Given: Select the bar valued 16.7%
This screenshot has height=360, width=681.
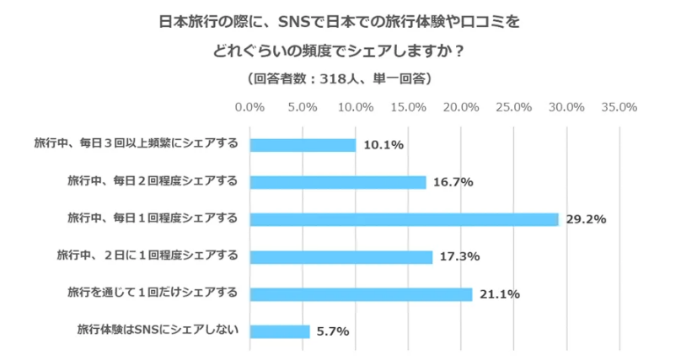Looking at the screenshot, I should [x=338, y=182].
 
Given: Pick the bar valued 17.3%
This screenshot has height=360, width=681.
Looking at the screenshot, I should [x=341, y=256].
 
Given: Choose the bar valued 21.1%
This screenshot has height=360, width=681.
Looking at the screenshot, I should [x=362, y=293].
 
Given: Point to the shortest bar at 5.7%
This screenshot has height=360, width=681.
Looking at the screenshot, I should [x=281, y=331].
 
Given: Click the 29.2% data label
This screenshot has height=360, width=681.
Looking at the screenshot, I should [x=587, y=219].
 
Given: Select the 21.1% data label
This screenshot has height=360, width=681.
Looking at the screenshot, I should [x=500, y=294].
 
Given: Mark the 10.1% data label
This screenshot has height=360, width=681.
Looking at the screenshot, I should [x=383, y=145].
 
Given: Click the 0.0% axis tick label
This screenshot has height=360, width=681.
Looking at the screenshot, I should [x=250, y=108].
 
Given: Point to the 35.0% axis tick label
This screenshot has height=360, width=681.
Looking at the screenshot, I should [x=619, y=108].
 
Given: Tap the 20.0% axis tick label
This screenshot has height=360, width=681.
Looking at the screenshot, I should [x=461, y=108].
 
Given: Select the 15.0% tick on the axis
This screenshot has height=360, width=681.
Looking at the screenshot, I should [x=409, y=108].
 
